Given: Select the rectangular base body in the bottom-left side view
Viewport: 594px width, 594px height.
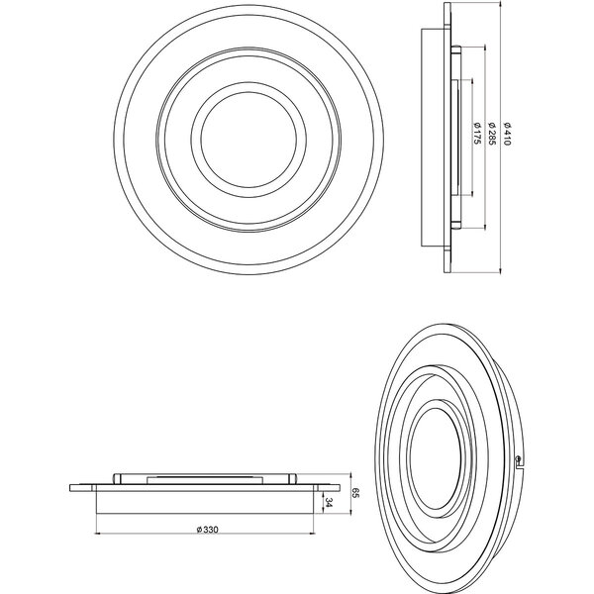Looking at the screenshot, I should [206, 502].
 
